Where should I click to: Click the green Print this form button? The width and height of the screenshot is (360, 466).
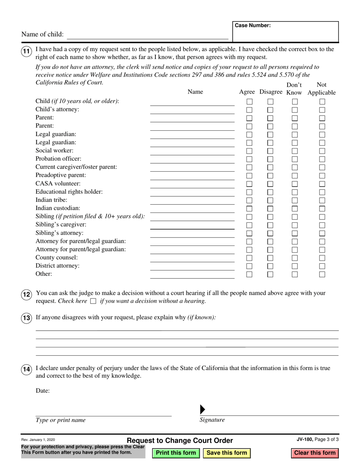176,453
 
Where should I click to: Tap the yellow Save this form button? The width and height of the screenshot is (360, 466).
227,453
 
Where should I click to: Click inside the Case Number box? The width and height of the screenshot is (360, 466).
285,34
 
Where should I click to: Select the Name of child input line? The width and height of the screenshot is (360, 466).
147,35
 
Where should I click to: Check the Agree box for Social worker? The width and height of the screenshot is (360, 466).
249,151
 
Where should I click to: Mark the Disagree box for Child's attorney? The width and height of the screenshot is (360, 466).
270,110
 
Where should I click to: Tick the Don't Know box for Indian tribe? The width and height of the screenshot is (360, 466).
294,200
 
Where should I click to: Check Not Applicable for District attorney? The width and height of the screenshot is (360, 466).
322,266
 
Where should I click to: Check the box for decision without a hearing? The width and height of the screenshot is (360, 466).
93,302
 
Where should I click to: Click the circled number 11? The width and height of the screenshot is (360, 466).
26,52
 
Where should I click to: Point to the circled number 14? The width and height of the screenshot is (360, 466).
26,370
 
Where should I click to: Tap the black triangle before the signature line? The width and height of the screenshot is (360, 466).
202,410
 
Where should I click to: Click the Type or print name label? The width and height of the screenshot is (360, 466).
61,420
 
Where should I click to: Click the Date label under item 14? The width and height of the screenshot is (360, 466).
42,391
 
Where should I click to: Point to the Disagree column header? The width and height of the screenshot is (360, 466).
271,92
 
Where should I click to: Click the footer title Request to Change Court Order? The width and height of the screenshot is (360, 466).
180,441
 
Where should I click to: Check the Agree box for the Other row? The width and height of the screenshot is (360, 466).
249,274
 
